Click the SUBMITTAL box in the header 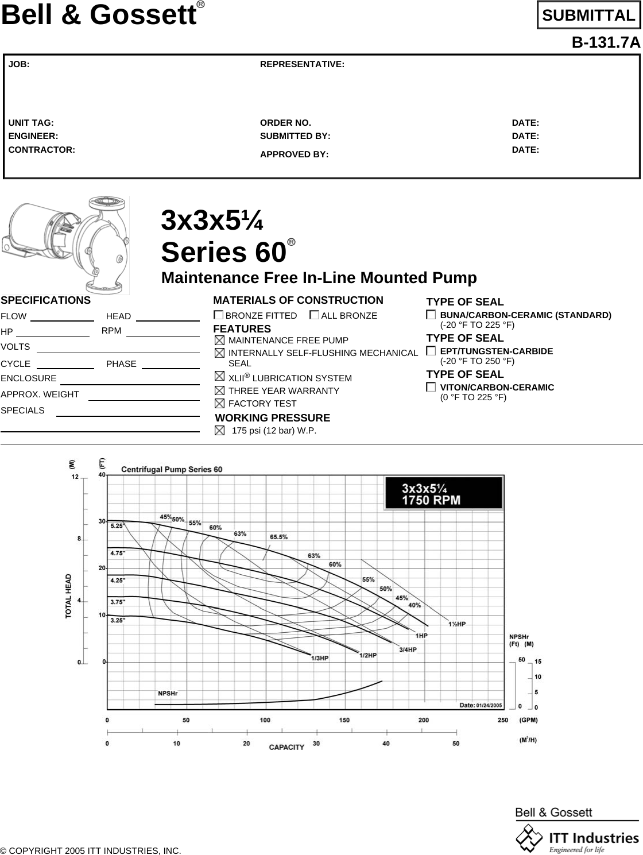[x=588, y=16]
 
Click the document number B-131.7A [x=605, y=43]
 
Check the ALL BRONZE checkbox [x=314, y=315]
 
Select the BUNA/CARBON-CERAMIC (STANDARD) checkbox [x=431, y=315]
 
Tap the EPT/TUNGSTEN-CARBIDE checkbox [x=431, y=351]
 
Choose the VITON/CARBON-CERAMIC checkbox [x=431, y=387]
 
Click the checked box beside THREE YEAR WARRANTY [x=219, y=390]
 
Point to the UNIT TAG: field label [x=31, y=123]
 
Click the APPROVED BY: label [x=295, y=154]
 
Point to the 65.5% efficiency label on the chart [x=278, y=537]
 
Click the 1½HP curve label [x=457, y=624]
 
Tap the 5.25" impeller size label [x=117, y=525]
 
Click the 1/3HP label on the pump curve [x=320, y=659]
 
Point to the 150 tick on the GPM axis [x=344, y=720]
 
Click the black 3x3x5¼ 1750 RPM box [x=444, y=494]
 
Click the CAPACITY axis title [x=286, y=747]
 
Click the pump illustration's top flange [x=106, y=202]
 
